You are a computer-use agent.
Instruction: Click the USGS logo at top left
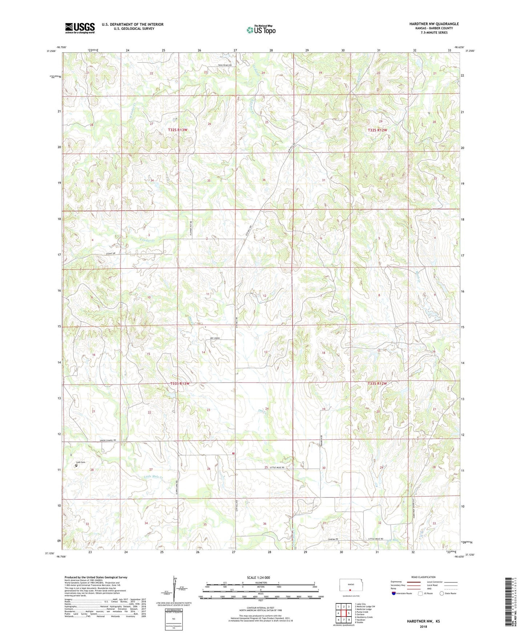pyautogui.click(x=80, y=28)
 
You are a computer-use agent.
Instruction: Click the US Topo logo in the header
pyautogui.click(x=261, y=30)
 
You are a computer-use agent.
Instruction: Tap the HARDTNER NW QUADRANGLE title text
pyautogui.click(x=429, y=24)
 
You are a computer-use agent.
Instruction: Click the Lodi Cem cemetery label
pyautogui.click(x=80, y=462)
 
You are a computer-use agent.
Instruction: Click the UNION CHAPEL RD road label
pyautogui.click(x=110, y=440)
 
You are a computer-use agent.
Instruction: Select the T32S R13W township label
pyautogui.click(x=178, y=130)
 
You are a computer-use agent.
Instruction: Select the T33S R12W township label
pyautogui.click(x=377, y=383)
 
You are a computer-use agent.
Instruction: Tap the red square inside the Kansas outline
pyautogui.click(x=350, y=590)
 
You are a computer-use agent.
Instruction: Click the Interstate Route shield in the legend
pyautogui.click(x=394, y=593)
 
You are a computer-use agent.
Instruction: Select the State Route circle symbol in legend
pyautogui.click(x=441, y=593)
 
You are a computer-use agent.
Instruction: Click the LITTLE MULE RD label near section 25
pyautogui.click(x=276, y=467)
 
